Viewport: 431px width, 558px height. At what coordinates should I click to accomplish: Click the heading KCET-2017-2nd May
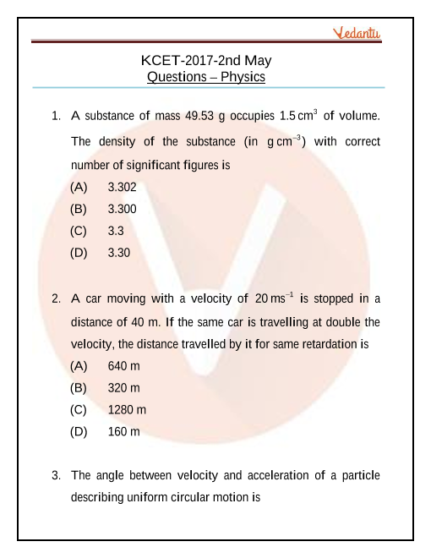[x=206, y=61]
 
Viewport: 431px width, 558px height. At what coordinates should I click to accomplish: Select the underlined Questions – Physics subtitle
[x=206, y=77]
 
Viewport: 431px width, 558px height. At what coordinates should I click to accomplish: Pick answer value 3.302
[x=123, y=187]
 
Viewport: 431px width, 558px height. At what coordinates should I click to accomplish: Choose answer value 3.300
[x=123, y=208]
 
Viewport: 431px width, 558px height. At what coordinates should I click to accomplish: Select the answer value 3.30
[x=119, y=252]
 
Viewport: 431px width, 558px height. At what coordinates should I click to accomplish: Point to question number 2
[x=55, y=298]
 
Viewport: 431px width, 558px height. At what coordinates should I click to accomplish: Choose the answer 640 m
[x=124, y=366]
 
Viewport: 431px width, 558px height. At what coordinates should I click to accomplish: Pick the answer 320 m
[x=124, y=388]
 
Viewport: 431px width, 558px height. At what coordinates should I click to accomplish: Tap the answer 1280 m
[x=127, y=410]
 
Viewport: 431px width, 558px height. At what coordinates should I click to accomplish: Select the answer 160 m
[x=124, y=432]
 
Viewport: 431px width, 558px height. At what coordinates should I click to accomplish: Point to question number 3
[x=55, y=476]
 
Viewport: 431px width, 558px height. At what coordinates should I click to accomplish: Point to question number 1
[x=55, y=114]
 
